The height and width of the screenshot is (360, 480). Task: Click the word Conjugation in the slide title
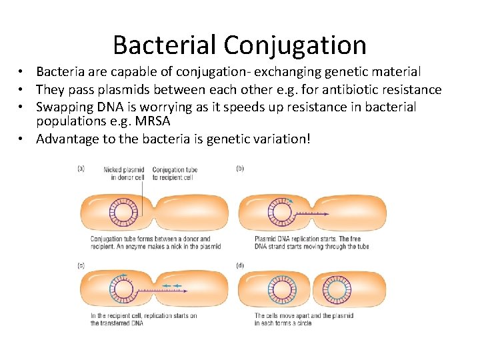click(x=295, y=45)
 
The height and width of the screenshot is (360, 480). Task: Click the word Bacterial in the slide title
click(x=165, y=45)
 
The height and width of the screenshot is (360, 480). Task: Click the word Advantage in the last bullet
click(x=68, y=139)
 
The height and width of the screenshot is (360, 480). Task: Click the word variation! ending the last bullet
click(x=278, y=139)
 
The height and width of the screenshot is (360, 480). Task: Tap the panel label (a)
click(x=81, y=169)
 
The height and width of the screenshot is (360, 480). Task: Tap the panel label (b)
click(x=240, y=169)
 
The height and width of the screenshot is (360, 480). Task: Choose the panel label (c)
click(x=81, y=265)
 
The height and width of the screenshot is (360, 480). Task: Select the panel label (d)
click(x=240, y=265)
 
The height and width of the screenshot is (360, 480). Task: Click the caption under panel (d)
click(x=304, y=319)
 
